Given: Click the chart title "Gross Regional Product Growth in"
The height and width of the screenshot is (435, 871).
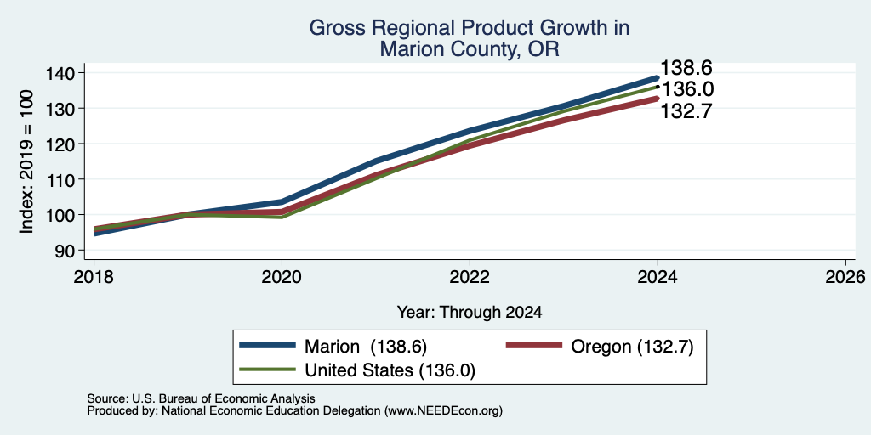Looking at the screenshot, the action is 470,28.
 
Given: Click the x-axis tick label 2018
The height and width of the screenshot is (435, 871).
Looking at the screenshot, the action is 94,277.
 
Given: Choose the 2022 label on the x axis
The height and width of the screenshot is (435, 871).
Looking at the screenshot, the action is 470,277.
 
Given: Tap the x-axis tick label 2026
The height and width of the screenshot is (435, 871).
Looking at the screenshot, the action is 845,277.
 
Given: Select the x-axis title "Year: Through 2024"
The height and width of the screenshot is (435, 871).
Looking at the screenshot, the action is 470,313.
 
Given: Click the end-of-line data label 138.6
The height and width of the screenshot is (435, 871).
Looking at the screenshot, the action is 686,68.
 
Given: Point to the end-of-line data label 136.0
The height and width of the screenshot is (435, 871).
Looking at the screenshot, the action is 687,89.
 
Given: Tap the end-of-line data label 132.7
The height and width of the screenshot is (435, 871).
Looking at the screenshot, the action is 686,111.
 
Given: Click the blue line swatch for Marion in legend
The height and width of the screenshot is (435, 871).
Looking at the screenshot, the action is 267,345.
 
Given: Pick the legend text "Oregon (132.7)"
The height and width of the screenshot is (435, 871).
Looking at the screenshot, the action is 632,347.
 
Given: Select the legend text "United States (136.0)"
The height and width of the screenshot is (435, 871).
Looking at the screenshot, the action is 390,370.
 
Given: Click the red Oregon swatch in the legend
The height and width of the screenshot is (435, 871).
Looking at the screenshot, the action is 533,345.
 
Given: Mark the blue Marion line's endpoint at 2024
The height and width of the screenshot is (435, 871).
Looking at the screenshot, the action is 658,77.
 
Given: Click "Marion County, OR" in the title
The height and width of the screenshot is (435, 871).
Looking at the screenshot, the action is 470,49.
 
